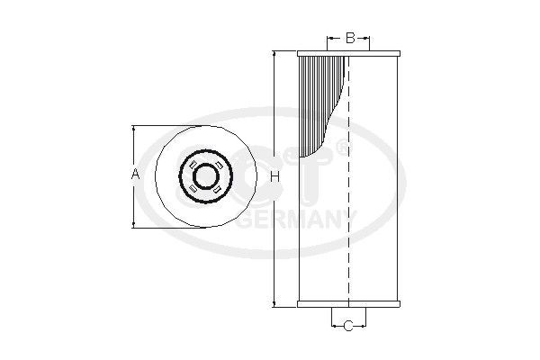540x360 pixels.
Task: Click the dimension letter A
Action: (135, 174)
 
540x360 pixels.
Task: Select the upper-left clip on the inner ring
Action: (193, 163)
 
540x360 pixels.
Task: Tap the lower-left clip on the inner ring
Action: (193, 187)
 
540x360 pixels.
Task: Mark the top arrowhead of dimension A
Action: (135, 127)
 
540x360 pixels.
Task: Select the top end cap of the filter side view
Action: (348, 53)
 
